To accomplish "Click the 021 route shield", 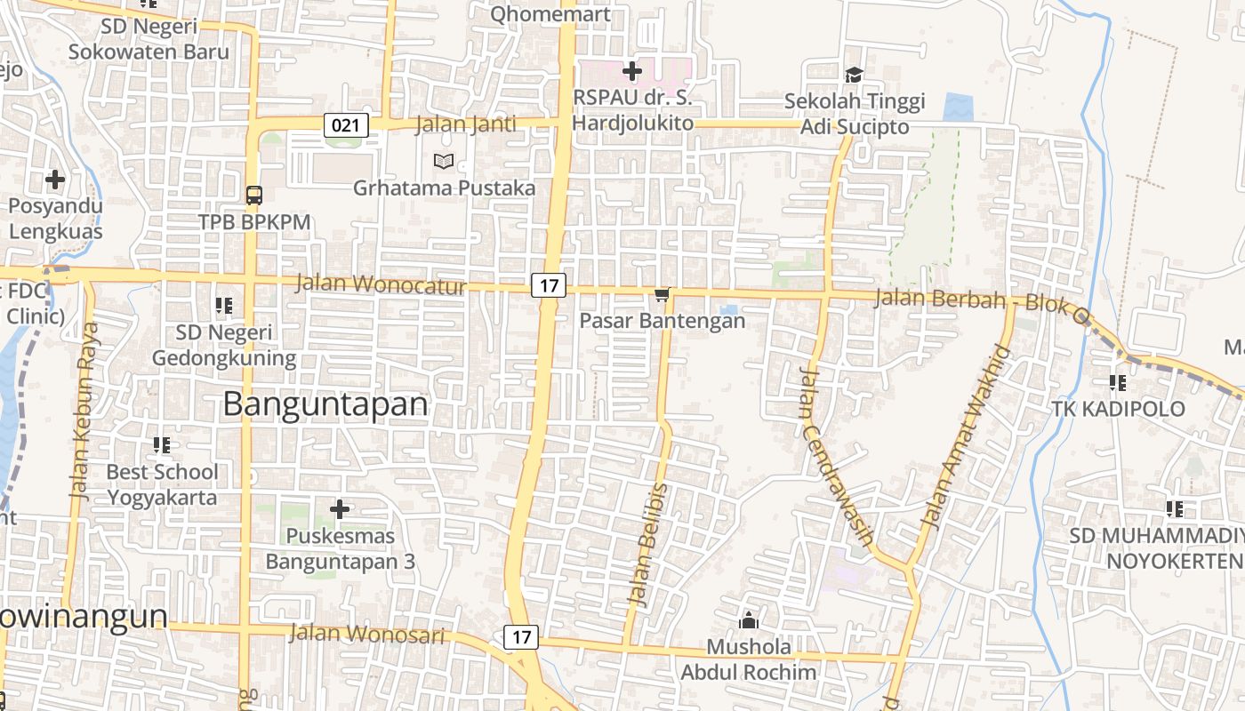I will pos(345,125).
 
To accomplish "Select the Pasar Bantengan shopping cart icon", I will pos(662,295).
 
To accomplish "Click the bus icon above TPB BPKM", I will pos(254,195).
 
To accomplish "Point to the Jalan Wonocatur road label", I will pos(380,285).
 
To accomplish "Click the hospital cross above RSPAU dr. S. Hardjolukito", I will pos(632,70).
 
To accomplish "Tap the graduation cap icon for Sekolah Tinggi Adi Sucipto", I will pos(854,76).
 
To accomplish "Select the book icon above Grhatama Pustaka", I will pos(443,162).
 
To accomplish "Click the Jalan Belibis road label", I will pos(648,545).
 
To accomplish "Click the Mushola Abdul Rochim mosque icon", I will pos(749,619).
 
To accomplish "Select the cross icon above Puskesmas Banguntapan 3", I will pos(339,509).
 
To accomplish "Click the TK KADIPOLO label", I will pos(1118,409).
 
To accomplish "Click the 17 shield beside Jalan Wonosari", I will pos(521,637).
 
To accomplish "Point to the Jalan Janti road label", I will pos(465,124).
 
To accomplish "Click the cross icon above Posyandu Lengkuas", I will pos(55,180).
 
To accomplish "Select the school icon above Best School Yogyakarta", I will pos(161,444).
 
